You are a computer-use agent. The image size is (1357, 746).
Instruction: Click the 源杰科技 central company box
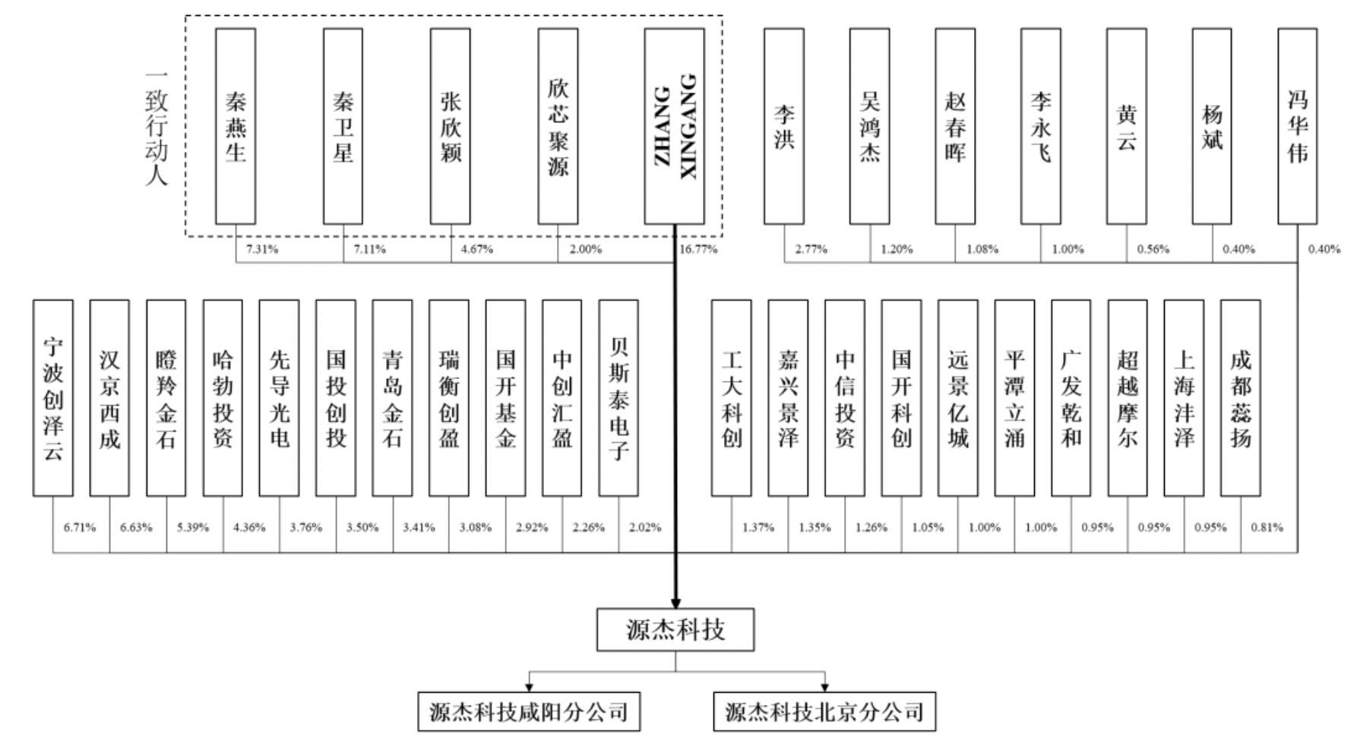click(675, 630)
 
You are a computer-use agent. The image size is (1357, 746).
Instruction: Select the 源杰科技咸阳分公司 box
click(529, 712)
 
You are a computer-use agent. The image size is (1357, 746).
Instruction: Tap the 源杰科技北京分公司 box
click(824, 712)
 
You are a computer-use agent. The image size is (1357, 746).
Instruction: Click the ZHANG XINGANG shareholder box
click(675, 126)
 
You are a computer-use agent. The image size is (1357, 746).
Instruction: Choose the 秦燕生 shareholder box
click(236, 126)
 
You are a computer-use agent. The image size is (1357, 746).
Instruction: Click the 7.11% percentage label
click(369, 249)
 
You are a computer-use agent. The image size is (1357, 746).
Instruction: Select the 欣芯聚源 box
click(558, 126)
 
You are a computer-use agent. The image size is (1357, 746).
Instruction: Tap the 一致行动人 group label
click(157, 128)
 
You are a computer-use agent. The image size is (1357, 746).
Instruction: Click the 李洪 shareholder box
click(784, 126)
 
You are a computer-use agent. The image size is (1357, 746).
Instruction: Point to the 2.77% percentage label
click(811, 249)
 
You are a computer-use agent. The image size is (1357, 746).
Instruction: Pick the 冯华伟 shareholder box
click(1298, 126)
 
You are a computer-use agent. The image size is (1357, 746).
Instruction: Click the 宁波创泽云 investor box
click(53, 398)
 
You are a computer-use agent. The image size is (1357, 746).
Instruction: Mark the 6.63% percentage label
click(136, 527)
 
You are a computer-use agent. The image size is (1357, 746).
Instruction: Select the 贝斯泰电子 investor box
click(618, 398)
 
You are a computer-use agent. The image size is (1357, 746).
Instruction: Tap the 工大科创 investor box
click(732, 398)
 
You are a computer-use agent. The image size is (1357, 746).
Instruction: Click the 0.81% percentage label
click(1267, 527)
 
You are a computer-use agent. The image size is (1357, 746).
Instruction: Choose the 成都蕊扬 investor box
click(1241, 398)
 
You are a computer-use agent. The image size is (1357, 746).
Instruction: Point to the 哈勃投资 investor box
click(223, 398)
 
